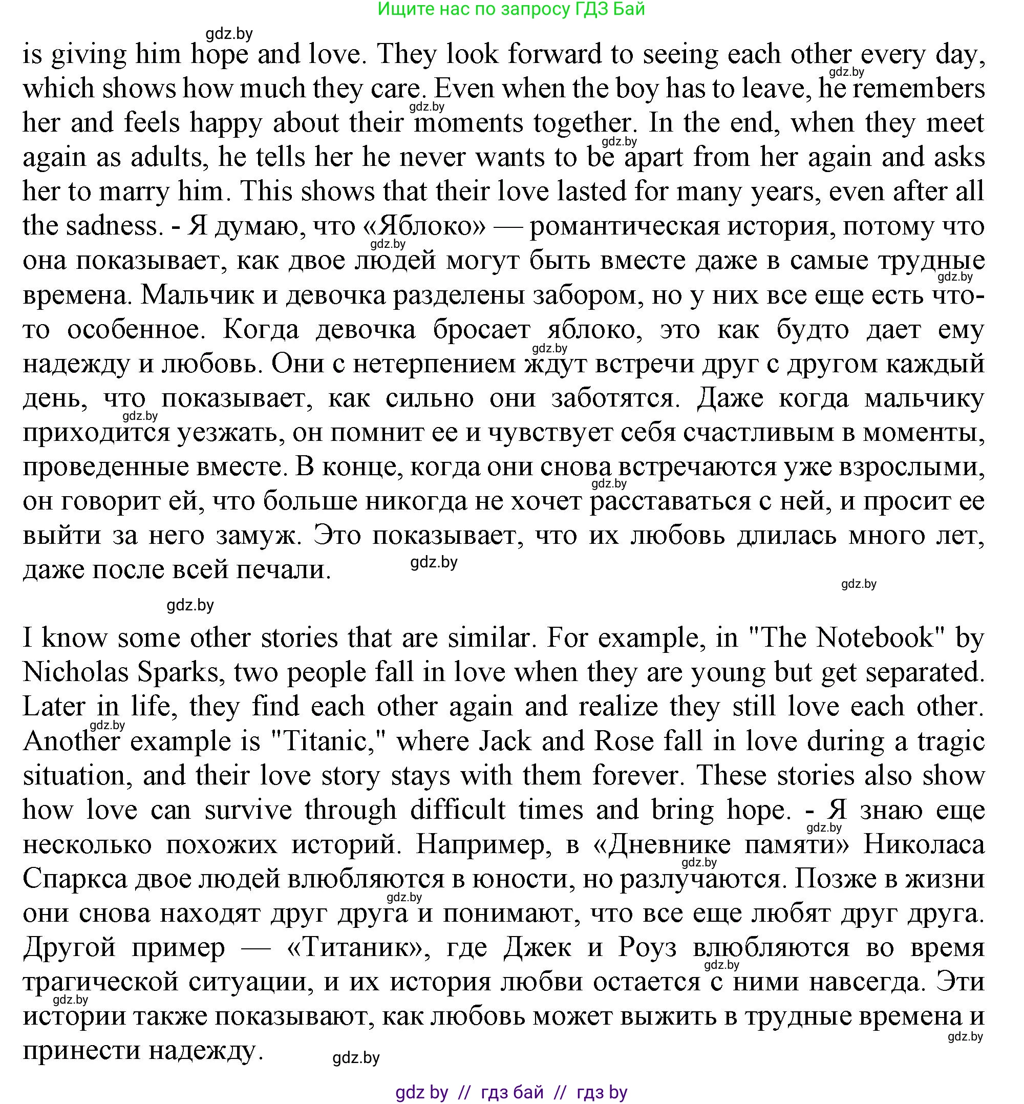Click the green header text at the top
511,9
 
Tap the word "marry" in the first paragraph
131,191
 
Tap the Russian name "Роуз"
647,947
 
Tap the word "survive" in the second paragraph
248,810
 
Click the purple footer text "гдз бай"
513,1092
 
